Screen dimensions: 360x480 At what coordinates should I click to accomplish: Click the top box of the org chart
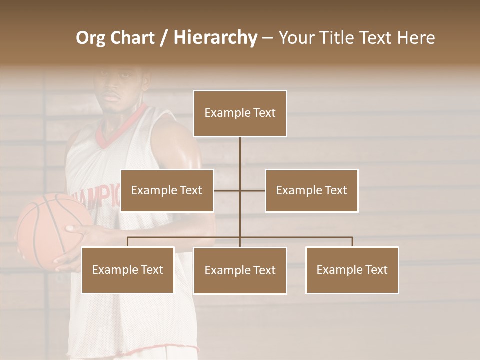240,113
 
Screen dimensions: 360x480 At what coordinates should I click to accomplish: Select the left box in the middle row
167,190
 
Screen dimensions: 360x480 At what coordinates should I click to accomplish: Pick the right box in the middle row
311,190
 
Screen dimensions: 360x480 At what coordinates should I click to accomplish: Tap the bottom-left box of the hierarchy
127,270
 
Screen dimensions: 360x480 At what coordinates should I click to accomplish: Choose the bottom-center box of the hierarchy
240,270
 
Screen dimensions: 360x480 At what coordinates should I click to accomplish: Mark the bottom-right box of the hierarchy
352,270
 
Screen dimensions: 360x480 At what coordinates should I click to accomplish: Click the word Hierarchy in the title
215,38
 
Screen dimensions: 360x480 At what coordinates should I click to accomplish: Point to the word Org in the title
90,38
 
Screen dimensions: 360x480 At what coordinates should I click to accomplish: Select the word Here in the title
416,38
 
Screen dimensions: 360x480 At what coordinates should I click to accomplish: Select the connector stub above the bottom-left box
127,242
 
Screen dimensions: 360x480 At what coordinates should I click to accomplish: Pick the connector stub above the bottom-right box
352,242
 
